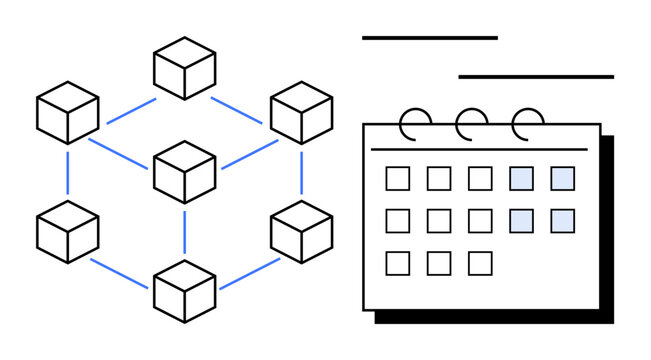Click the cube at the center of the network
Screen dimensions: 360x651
(184, 171)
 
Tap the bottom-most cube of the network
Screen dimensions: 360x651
(184, 290)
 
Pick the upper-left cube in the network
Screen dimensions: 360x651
(67, 112)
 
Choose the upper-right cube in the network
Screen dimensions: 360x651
(301, 112)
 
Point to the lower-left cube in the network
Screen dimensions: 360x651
(67, 231)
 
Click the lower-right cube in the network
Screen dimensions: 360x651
(301, 231)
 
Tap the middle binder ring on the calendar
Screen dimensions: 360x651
(468, 124)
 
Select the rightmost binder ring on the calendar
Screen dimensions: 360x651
(526, 124)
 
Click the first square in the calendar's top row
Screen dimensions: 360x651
(398, 178)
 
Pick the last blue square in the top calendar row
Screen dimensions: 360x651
(562, 178)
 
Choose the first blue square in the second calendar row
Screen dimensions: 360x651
(521, 220)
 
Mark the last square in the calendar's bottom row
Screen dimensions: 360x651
(480, 263)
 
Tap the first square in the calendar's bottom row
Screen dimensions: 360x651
(398, 263)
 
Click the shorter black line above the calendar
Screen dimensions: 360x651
(430, 38)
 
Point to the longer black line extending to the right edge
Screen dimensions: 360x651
(536, 76)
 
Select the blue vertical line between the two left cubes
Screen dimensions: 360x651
(68, 172)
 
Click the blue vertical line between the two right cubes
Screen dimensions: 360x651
(301, 172)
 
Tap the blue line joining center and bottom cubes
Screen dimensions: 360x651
(185, 231)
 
